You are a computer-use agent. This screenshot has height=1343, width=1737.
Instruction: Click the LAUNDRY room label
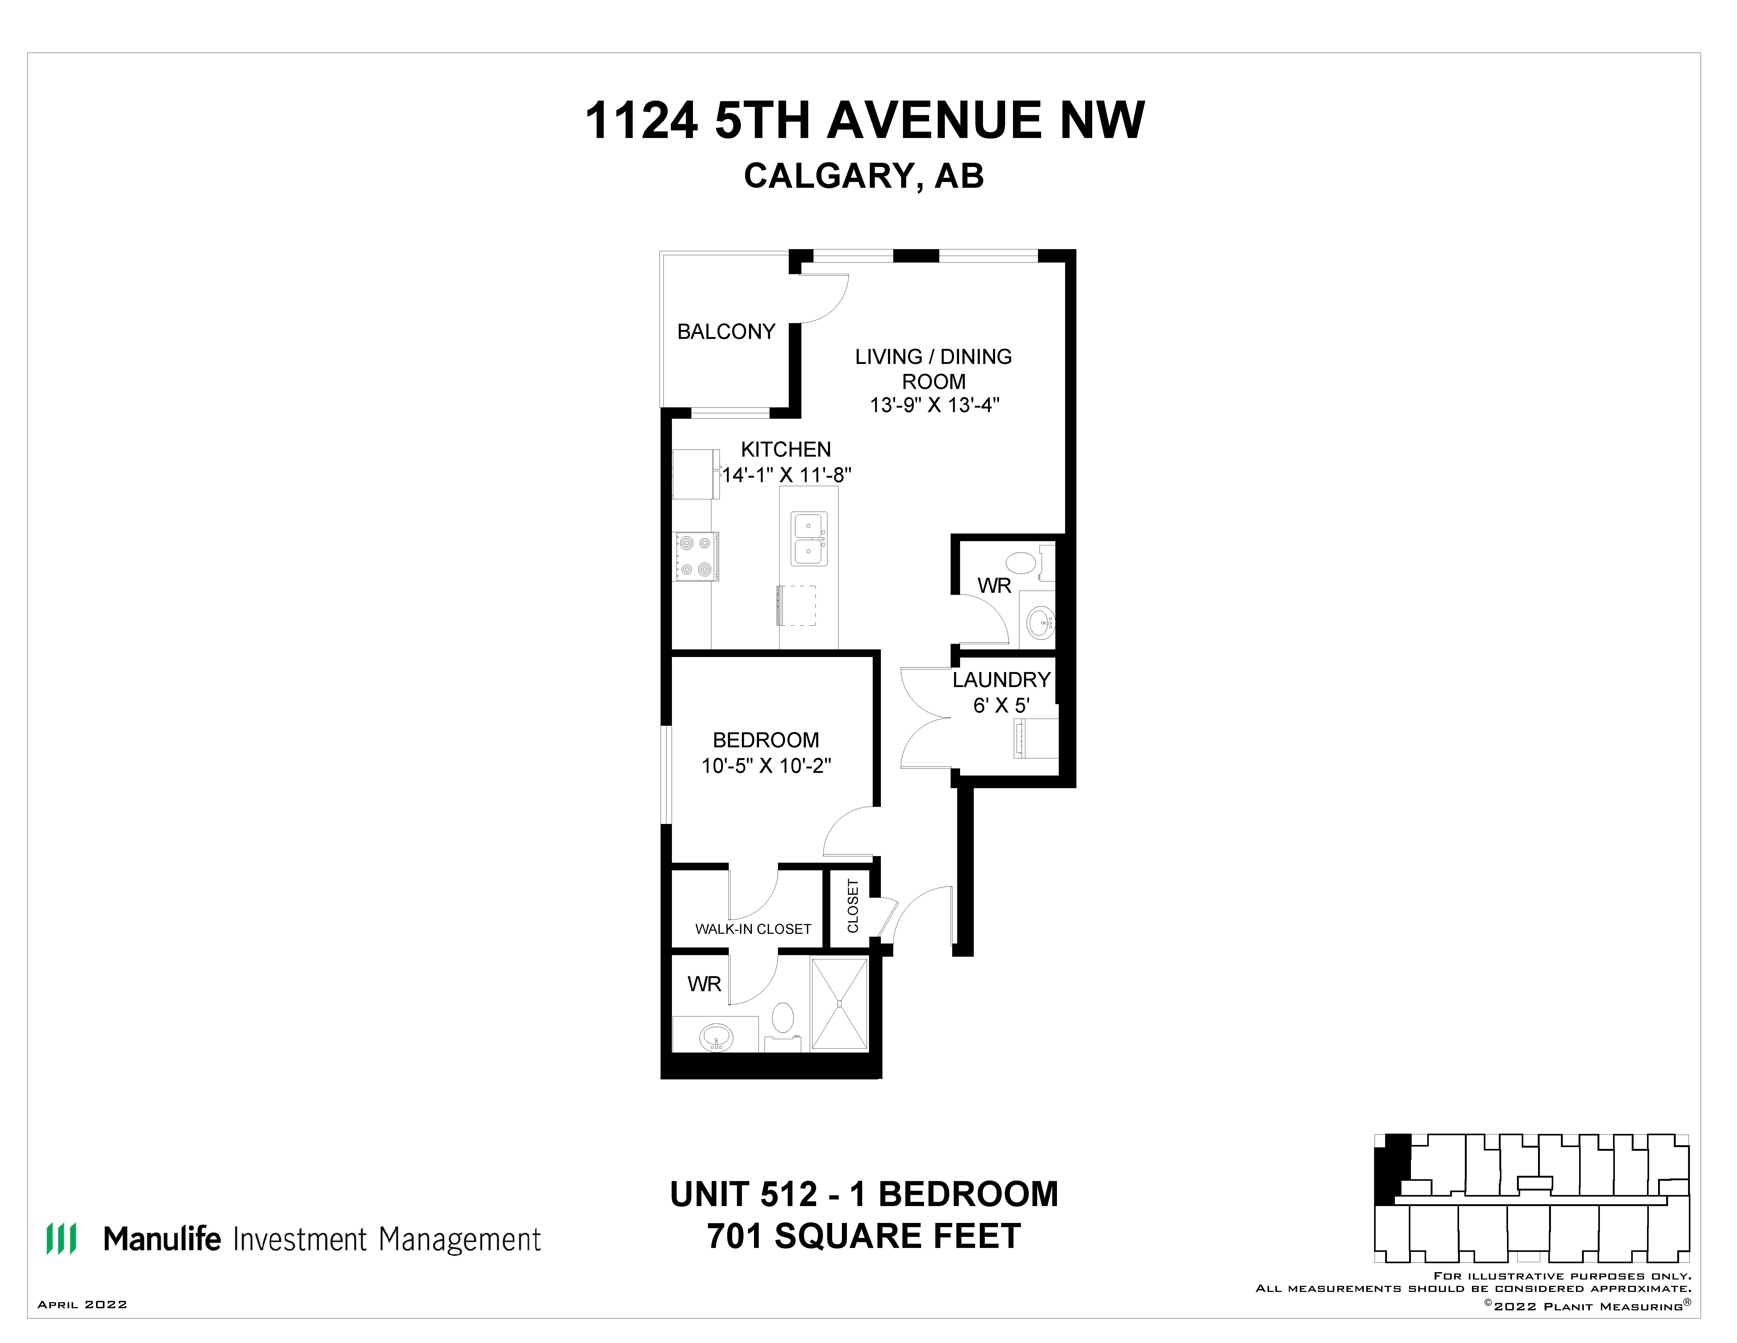pos(1001,680)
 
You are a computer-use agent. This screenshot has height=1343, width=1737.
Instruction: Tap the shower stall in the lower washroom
pos(839,1004)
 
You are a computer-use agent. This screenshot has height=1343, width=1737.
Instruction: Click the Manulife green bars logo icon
pos(61,1239)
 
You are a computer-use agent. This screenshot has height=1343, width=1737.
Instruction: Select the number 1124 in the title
pos(641,121)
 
